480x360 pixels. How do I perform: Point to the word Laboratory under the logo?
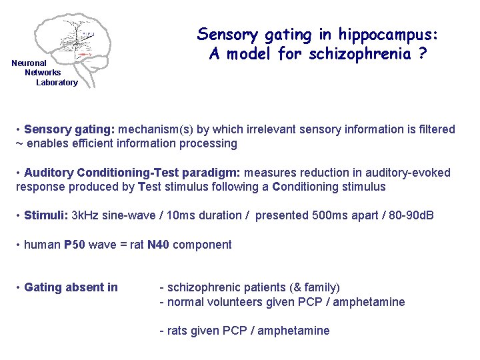click(x=57, y=83)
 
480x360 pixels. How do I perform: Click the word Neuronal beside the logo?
click(x=29, y=63)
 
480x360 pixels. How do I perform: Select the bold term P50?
click(x=75, y=245)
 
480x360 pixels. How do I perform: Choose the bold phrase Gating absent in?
click(x=71, y=287)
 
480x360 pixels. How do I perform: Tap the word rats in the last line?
click(x=177, y=331)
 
